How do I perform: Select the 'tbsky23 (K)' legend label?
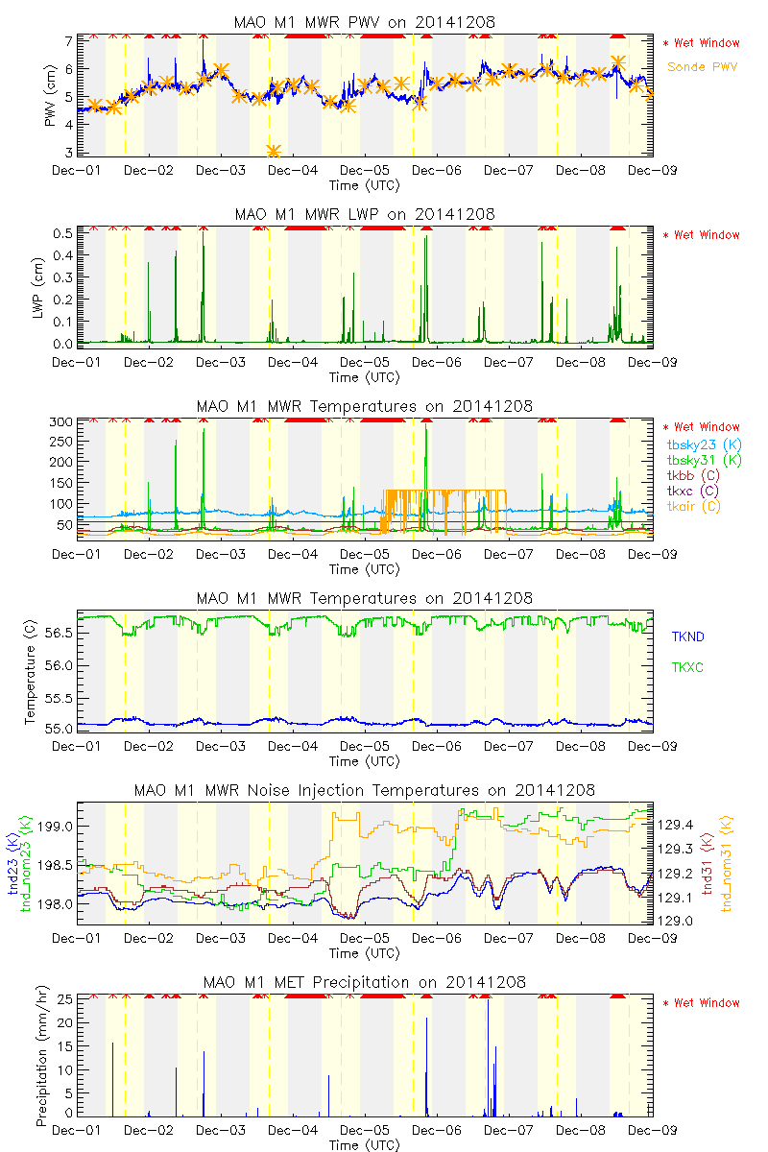point(703,444)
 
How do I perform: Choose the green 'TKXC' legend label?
point(687,666)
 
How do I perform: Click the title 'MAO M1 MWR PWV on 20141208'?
point(365,22)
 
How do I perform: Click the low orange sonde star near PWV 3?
point(274,151)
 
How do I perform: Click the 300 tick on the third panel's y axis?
point(62,422)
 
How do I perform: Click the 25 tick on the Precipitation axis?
point(67,998)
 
